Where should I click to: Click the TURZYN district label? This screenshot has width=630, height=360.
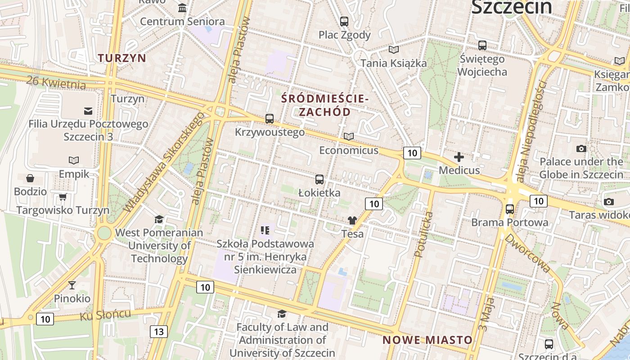122,58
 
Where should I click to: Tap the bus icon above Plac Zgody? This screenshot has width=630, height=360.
344,21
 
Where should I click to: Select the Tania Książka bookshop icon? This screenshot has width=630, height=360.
394,49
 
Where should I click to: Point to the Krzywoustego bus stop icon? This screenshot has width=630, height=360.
270,119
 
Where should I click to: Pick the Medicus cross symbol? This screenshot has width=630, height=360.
459,157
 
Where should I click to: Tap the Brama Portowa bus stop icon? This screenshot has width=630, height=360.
510,209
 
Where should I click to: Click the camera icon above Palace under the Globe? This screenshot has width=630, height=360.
581,148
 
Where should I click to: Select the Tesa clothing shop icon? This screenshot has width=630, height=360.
352,220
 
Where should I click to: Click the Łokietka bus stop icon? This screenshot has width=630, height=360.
319,180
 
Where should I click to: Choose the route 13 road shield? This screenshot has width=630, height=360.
159,332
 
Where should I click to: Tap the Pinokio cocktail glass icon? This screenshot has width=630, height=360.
72,285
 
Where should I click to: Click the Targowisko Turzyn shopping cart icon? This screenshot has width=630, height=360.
63,197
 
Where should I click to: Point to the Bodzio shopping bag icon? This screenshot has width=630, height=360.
30,178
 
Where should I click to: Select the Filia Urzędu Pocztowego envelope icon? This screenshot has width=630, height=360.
88,111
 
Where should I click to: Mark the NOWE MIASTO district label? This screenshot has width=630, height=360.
427,340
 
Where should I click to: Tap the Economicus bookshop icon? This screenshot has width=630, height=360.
349,136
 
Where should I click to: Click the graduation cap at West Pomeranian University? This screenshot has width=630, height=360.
159,219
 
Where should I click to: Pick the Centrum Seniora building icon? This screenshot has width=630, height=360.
182,8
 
